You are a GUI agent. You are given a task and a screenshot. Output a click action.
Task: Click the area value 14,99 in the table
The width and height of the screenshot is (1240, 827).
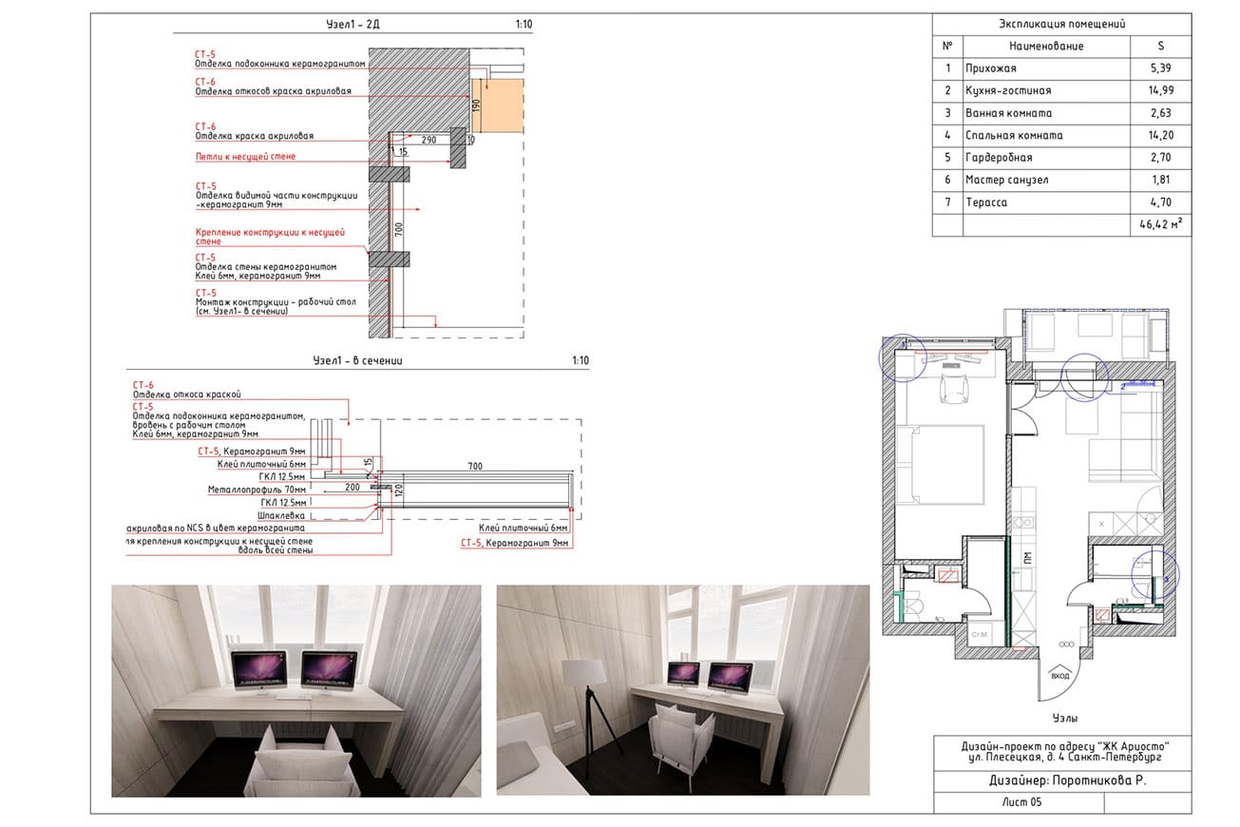coord(1160,90)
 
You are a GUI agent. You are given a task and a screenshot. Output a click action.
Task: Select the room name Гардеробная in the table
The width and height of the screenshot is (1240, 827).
coord(998,157)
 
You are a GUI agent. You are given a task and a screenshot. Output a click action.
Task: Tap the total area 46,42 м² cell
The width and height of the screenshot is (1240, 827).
coord(1160,225)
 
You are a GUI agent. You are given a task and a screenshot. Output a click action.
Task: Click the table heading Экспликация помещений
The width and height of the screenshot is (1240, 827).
coord(1062,25)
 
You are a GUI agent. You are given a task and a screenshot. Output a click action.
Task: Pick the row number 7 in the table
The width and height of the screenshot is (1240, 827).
coord(946,202)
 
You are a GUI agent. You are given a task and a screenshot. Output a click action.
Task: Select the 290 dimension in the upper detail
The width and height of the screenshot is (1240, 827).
coord(430,139)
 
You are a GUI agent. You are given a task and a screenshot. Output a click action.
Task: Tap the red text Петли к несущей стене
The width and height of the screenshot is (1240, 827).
coord(245,156)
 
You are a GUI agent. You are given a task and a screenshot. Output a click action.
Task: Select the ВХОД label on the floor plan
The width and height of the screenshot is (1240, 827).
coord(1059,676)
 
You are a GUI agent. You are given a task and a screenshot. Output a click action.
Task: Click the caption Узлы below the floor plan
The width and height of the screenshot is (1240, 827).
coord(1064,719)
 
